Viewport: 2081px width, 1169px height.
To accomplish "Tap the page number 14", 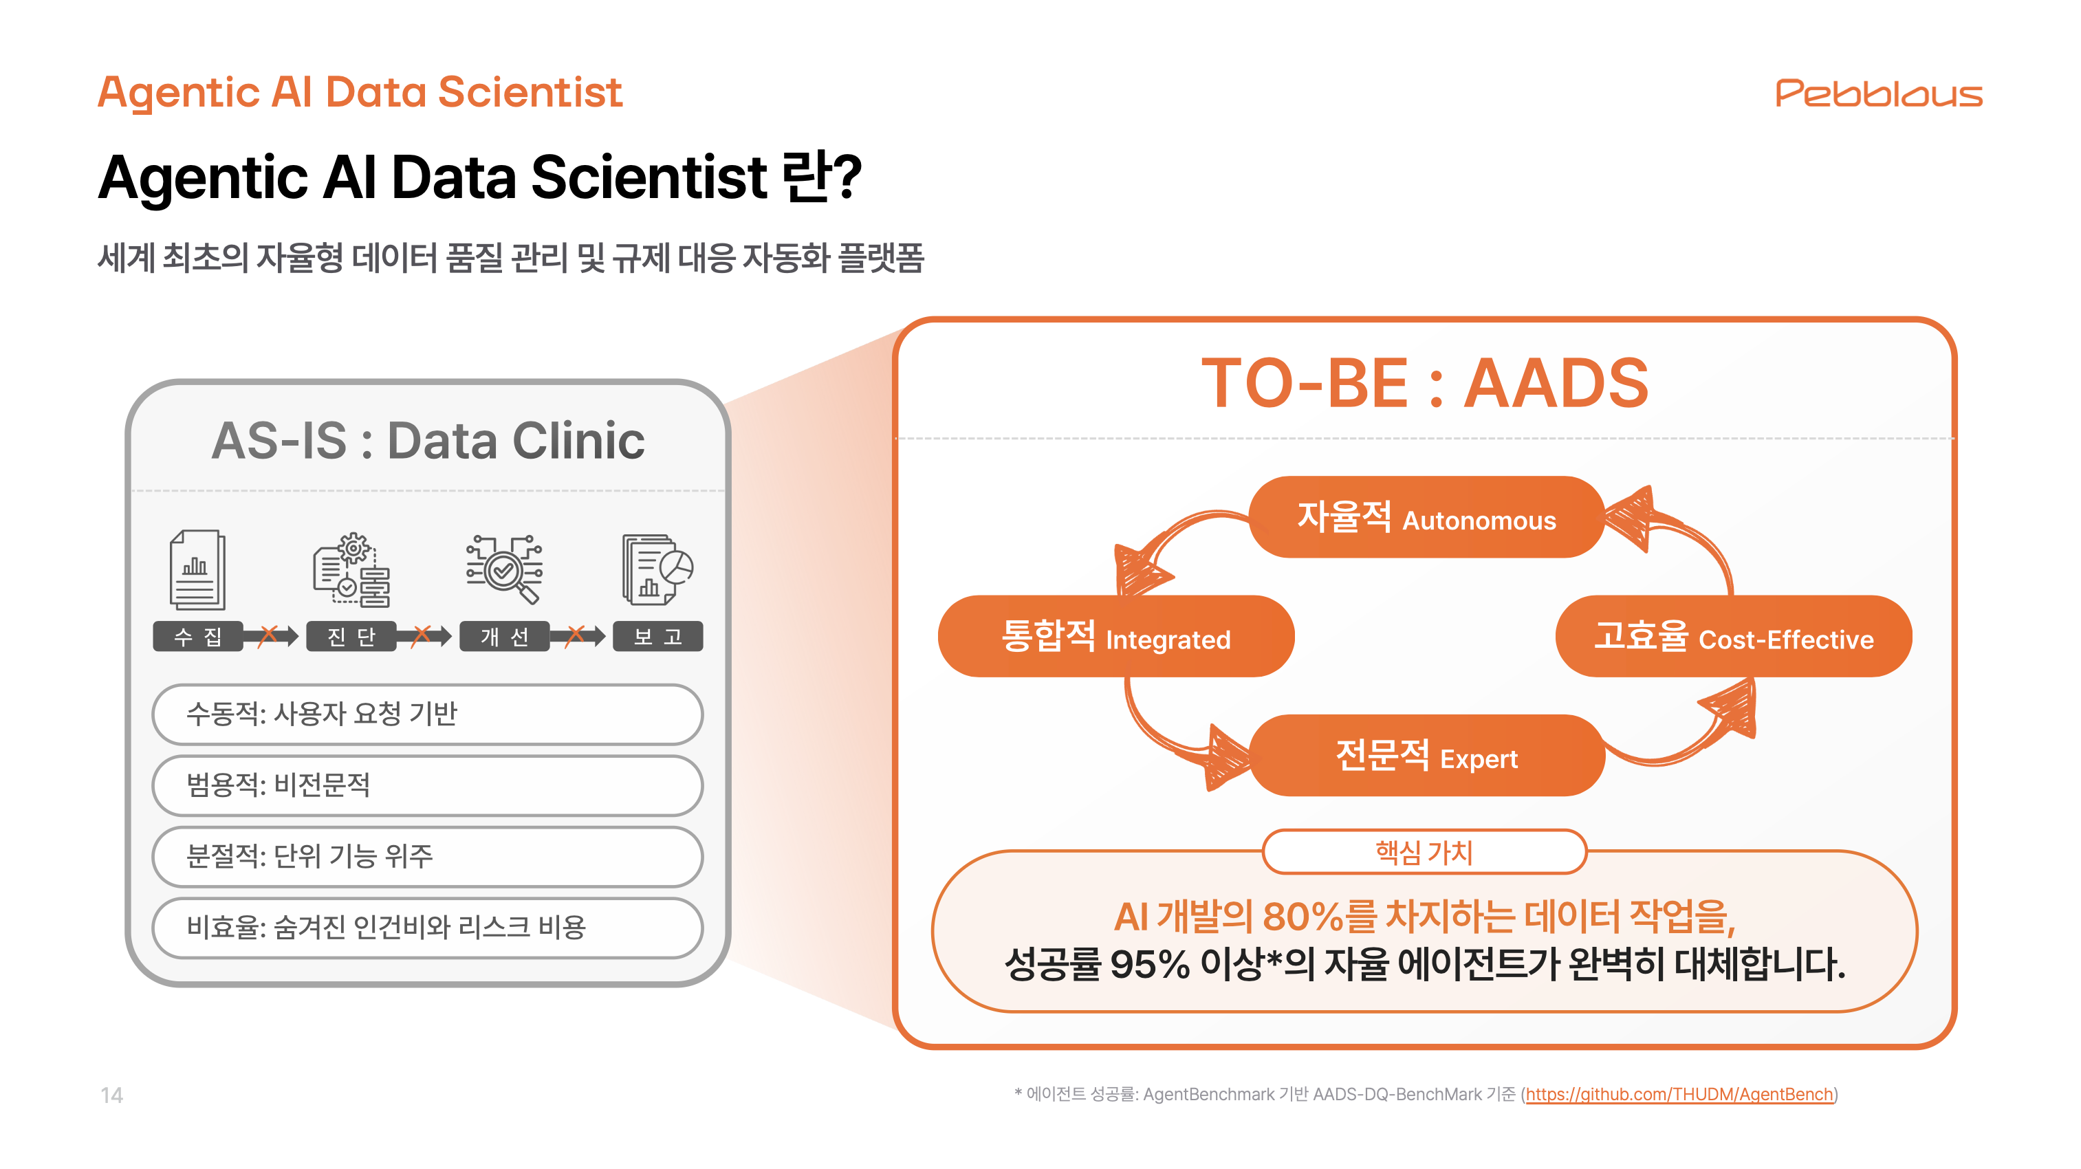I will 111,1095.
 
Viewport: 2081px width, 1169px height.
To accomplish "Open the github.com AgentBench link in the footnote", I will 1679,1094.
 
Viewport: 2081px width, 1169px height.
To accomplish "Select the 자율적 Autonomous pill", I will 1426,517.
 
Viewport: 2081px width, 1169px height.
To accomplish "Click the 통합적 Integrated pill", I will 1115,637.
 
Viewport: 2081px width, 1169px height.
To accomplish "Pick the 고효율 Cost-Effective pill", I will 1733,637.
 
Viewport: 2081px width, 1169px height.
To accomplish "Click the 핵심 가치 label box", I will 1424,851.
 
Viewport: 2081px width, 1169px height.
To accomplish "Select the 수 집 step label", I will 197,637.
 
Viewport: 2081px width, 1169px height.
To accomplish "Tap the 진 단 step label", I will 351,637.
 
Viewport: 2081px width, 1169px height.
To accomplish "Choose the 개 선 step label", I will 504,637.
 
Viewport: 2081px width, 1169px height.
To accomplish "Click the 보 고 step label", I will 657,637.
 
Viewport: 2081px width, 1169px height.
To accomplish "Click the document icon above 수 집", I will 197,569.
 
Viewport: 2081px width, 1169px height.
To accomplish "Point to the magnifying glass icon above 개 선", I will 505,569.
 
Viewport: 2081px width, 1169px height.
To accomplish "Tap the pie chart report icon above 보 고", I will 657,569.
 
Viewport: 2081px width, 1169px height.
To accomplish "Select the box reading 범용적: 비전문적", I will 427,785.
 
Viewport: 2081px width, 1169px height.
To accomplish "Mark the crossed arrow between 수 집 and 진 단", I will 270,636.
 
